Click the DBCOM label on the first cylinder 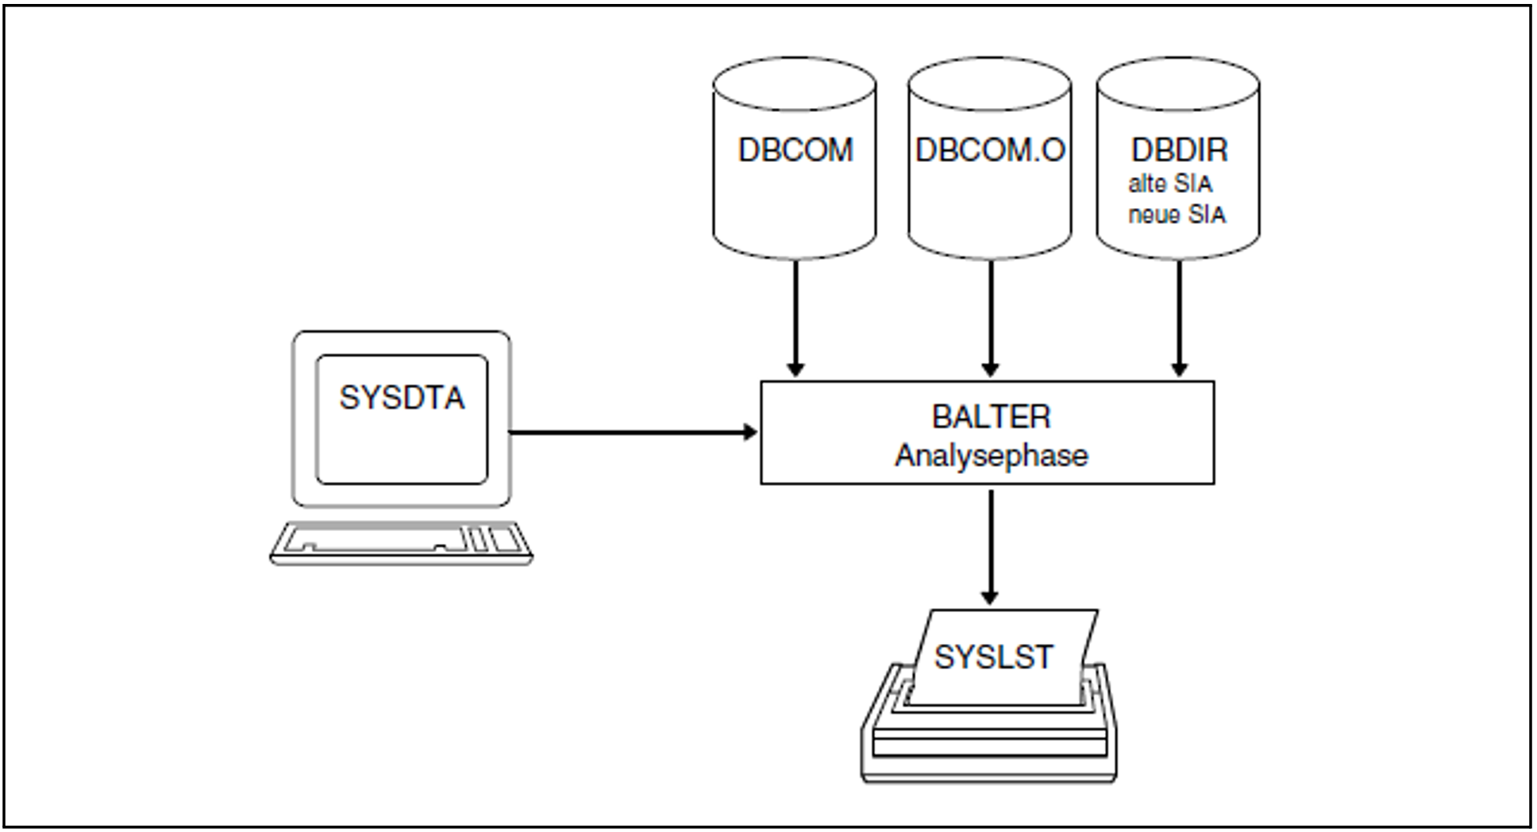[x=795, y=150]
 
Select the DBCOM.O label [x=989, y=150]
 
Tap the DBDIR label [x=1179, y=150]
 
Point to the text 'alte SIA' [x=1170, y=184]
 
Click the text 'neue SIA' [x=1177, y=214]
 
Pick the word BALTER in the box [x=991, y=417]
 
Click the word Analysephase [x=991, y=456]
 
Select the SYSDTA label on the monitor [x=402, y=398]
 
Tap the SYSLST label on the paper [x=993, y=657]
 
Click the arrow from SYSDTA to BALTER [x=627, y=433]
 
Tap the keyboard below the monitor [x=401, y=543]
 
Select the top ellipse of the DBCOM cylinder [x=795, y=83]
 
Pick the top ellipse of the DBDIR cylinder [x=1178, y=83]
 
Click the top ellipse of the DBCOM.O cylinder [x=989, y=83]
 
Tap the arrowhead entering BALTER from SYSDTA [x=750, y=433]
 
